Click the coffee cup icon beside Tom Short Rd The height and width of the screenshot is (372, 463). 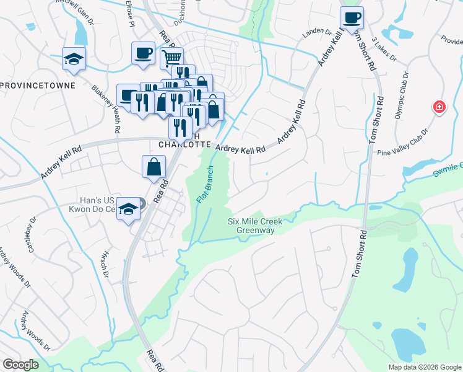click(352, 17)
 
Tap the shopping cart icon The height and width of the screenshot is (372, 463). click(171, 59)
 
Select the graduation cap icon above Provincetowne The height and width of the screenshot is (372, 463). click(74, 59)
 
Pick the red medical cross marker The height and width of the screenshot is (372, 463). click(439, 107)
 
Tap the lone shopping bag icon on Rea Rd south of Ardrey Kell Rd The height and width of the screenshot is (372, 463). click(154, 167)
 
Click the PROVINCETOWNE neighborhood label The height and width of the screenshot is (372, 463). click(38, 85)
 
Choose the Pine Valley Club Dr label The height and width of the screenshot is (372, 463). click(403, 143)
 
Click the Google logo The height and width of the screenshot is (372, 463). click(20, 364)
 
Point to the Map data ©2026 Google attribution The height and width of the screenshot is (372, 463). click(424, 367)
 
